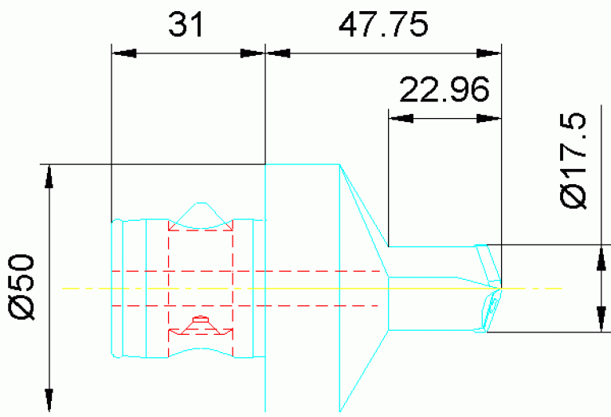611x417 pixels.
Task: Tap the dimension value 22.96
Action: (x=445, y=90)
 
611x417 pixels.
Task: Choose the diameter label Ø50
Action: (x=23, y=287)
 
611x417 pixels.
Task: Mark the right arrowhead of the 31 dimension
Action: (x=253, y=53)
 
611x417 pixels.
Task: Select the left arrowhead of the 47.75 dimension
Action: (x=276, y=53)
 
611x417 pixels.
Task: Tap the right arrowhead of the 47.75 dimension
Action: (x=491, y=53)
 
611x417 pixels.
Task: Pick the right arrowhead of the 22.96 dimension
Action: (x=491, y=118)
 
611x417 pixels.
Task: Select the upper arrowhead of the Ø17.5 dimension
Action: (x=598, y=255)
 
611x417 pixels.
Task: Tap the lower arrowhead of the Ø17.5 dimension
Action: (x=598, y=320)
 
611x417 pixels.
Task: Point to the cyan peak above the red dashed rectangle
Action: (x=199, y=210)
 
